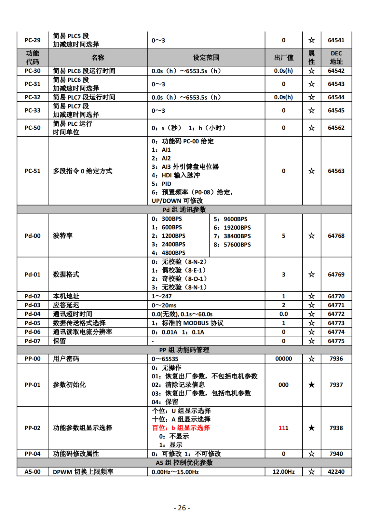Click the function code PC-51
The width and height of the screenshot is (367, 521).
click(x=33, y=171)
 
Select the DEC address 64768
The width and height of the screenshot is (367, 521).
click(x=336, y=236)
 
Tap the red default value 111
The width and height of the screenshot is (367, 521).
click(x=283, y=428)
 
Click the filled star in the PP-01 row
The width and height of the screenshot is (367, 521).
click(x=311, y=385)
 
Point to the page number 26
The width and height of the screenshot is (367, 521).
click(x=182, y=508)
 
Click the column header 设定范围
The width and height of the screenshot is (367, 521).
click(x=206, y=58)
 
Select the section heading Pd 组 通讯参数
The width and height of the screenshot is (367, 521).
click(x=184, y=210)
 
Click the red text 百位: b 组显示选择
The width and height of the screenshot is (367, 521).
click(x=181, y=428)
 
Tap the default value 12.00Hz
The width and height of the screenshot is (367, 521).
click(x=283, y=472)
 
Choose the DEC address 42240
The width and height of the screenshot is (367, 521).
click(x=336, y=472)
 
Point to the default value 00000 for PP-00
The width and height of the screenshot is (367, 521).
click(x=283, y=359)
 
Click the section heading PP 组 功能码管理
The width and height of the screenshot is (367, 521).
click(x=184, y=350)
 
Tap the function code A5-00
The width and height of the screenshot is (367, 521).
click(x=33, y=472)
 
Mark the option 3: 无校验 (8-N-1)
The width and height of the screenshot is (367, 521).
click(x=179, y=287)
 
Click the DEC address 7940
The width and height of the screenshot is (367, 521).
click(x=336, y=454)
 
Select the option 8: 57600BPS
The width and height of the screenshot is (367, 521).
click(x=232, y=245)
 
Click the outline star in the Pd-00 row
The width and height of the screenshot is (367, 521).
click(x=311, y=236)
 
